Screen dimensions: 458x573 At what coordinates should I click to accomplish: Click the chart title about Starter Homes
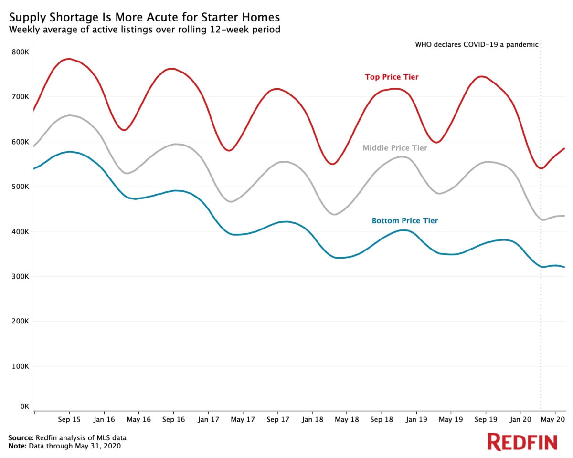144,17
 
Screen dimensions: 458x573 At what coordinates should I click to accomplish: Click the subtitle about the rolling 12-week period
144,30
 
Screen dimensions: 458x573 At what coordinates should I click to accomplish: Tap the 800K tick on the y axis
20,52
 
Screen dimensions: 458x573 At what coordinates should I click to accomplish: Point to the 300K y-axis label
20,277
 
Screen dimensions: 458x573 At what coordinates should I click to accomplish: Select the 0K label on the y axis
24,406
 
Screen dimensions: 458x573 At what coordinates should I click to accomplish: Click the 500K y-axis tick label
20,187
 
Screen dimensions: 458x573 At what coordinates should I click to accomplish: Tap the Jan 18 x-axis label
312,419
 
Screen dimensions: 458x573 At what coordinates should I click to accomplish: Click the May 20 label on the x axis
555,419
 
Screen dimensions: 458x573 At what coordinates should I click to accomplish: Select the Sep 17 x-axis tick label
277,419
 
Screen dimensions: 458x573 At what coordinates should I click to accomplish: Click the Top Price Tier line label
392,77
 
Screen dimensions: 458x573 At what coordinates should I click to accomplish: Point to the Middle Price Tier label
395,148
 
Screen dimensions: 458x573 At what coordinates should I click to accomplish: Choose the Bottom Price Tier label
405,221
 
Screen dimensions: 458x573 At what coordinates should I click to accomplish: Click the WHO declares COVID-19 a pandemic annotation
477,44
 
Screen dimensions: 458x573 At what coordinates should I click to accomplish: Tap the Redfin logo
522,442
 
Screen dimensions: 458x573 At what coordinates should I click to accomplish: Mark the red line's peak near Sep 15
69,59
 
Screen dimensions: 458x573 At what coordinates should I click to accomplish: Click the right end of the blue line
564,267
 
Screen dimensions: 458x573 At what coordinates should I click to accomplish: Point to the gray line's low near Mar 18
333,215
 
